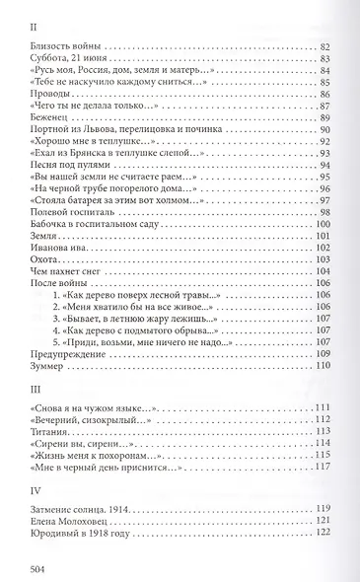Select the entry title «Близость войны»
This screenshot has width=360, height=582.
tap(68, 47)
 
